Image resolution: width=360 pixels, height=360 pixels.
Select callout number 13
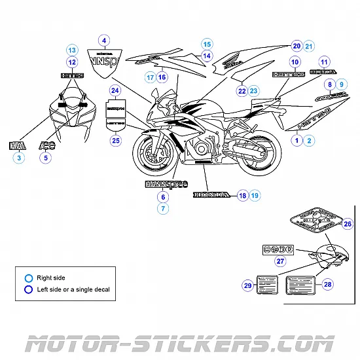(x=72, y=50)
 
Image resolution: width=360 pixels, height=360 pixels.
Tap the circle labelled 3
(x=19, y=158)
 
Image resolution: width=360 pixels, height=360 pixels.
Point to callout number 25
(x=116, y=139)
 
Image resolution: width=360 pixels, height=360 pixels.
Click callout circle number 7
(x=163, y=208)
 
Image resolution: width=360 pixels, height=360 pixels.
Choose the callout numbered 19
(x=254, y=195)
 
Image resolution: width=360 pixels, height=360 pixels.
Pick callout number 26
(x=348, y=224)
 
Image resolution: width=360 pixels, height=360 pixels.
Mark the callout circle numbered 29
(x=248, y=285)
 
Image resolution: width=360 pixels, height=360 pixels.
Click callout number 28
(x=328, y=284)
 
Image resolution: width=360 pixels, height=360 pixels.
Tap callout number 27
(x=280, y=261)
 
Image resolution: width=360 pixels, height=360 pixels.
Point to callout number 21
(x=309, y=46)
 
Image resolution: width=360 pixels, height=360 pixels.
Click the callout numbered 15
(x=206, y=44)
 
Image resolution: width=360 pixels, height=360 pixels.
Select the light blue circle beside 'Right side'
(x=28, y=278)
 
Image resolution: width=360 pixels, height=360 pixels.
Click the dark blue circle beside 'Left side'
(x=28, y=289)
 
